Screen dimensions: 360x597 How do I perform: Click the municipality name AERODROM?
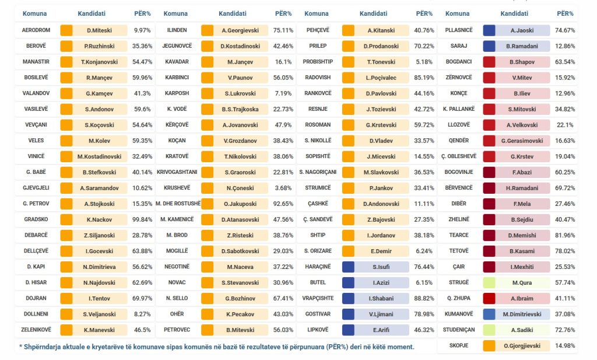pyautogui.click(x=36, y=30)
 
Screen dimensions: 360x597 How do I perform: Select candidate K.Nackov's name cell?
pyautogui.click(x=99, y=219)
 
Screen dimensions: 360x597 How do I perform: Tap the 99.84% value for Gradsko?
pyautogui.click(x=143, y=219)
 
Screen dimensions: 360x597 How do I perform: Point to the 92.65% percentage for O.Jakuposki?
pyautogui.click(x=284, y=204)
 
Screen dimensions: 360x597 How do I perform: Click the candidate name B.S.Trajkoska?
pyautogui.click(x=240, y=109)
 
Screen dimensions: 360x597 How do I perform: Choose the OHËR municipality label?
pyautogui.click(x=177, y=314)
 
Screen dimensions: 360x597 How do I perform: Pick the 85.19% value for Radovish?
pyautogui.click(x=425, y=77)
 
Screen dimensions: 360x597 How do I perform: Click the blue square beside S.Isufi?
pyautogui.click(x=348, y=267)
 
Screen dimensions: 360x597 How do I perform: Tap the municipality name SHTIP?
pyautogui.click(x=318, y=235)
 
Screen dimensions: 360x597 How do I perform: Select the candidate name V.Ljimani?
pyautogui.click(x=381, y=314)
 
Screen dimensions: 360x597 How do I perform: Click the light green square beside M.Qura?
pyautogui.click(x=489, y=282)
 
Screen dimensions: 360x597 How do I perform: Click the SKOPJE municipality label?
pyautogui.click(x=459, y=345)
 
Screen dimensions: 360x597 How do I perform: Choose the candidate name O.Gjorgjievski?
pyautogui.click(x=522, y=345)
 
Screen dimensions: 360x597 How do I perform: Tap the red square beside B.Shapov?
pyautogui.click(x=489, y=61)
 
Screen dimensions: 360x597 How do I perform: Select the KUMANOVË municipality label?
pyautogui.click(x=459, y=314)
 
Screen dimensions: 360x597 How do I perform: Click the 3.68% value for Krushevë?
pyautogui.click(x=284, y=188)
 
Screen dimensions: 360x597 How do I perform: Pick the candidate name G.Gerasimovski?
pyautogui.click(x=522, y=141)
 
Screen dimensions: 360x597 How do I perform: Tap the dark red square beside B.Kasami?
pyautogui.click(x=489, y=251)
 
